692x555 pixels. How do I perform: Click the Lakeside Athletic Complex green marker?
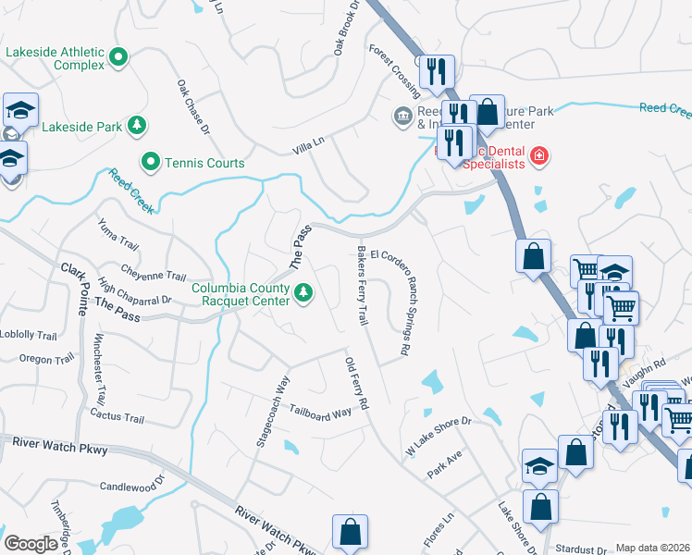118,58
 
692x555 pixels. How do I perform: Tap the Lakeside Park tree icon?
137,124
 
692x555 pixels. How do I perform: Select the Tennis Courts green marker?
150,163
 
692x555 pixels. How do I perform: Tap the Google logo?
31,544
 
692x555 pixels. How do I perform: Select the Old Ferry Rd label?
357,384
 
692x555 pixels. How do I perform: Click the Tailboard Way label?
320,413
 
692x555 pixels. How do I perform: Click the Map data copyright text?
651,548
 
